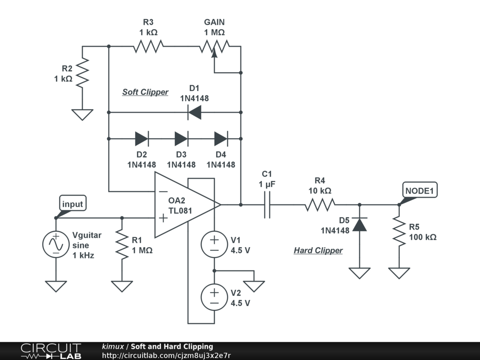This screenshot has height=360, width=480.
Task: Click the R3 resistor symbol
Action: click(x=148, y=46)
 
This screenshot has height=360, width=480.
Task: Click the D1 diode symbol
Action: click(x=194, y=112)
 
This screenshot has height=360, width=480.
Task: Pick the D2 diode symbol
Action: click(x=142, y=139)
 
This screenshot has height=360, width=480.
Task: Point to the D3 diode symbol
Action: click(x=181, y=139)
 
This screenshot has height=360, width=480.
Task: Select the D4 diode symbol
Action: click(x=221, y=139)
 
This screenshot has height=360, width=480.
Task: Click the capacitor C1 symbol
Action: click(x=267, y=205)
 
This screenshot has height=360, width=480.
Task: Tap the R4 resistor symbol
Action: click(x=320, y=205)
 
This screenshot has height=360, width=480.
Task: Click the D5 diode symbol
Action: click(x=360, y=225)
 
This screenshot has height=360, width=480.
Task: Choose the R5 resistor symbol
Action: click(x=399, y=231)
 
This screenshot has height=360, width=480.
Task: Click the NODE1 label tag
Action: click(x=420, y=191)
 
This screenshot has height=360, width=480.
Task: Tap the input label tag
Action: click(x=72, y=204)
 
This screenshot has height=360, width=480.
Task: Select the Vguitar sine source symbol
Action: click(x=55, y=244)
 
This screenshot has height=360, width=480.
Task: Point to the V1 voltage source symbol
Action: click(x=214, y=244)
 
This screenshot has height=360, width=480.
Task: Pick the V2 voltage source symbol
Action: click(x=214, y=297)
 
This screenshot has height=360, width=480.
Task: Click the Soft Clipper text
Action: click(x=145, y=92)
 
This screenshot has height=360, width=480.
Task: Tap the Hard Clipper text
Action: click(x=318, y=250)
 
